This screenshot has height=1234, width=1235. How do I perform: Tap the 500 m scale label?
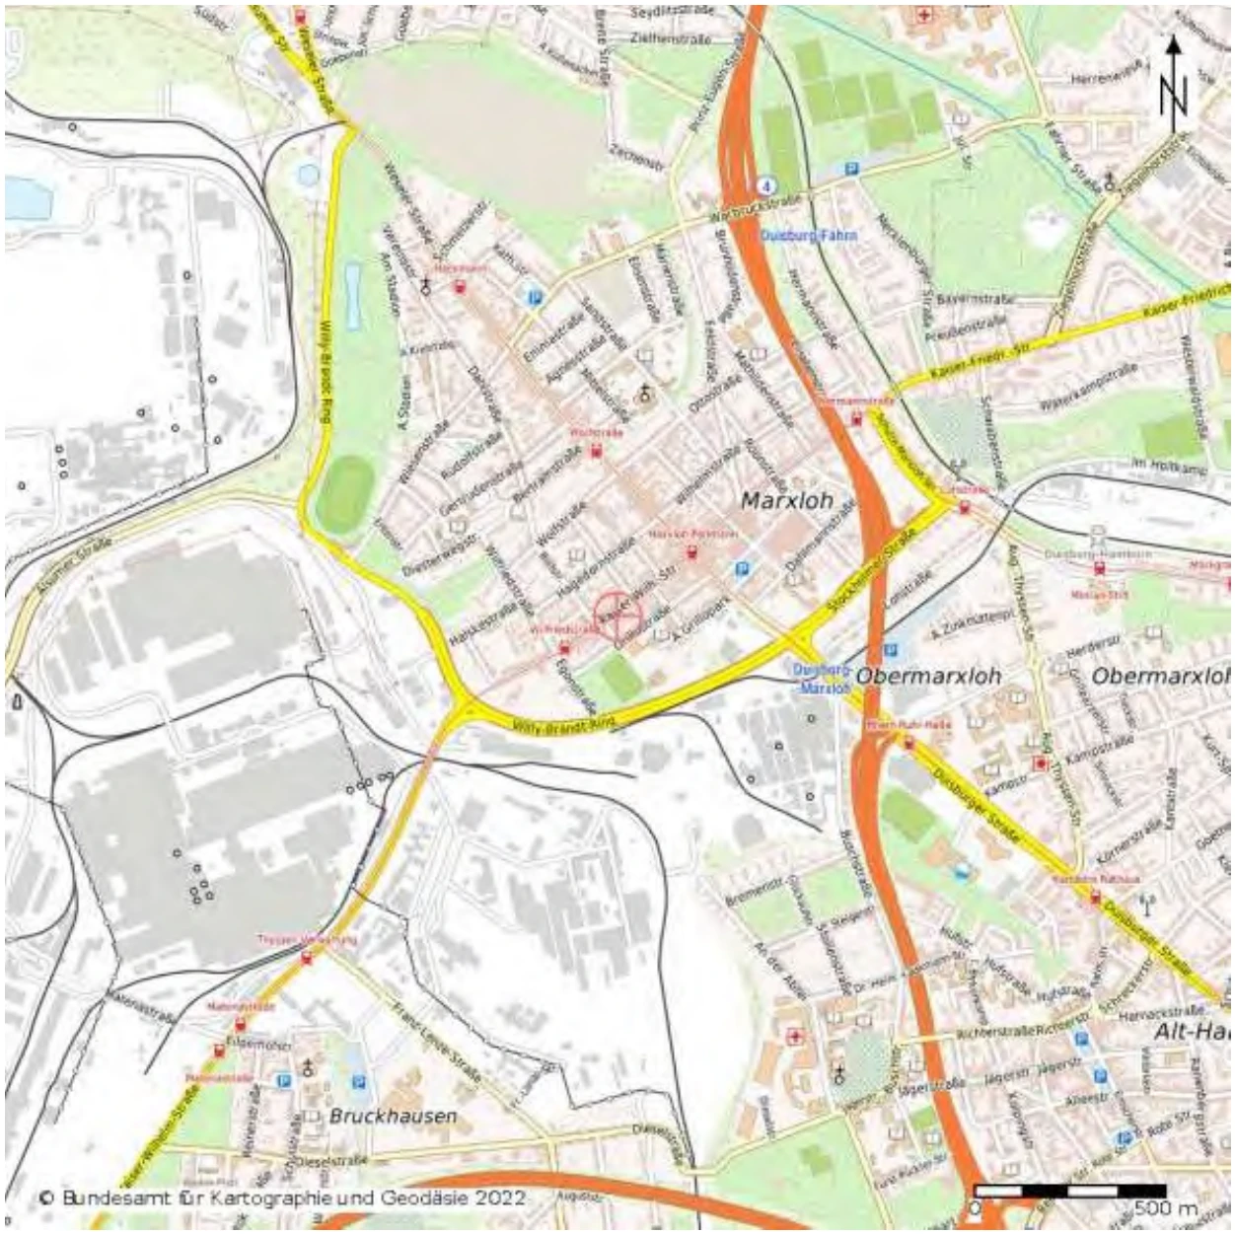[x=1165, y=1207]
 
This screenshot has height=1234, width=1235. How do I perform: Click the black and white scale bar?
[x=1069, y=1191]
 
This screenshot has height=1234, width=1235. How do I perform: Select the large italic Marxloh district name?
[x=786, y=501]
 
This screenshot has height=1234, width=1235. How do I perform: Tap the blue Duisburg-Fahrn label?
[x=809, y=236]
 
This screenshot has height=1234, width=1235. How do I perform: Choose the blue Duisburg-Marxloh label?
[x=821, y=679]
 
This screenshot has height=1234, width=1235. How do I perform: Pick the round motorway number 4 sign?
[x=765, y=184]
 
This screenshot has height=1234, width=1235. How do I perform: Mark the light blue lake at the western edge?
[x=27, y=197]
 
